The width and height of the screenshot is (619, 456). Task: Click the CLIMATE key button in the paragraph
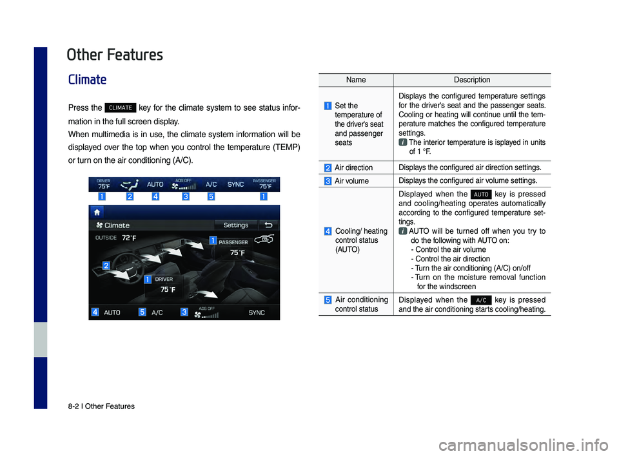121,108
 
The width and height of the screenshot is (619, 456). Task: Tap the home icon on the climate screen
97,213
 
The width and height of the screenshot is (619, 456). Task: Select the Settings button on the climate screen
236,225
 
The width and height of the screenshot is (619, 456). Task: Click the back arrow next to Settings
268,225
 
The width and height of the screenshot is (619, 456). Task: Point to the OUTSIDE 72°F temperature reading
115,238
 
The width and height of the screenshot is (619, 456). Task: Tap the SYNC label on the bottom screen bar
257,312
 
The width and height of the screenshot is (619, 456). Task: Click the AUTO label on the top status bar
155,184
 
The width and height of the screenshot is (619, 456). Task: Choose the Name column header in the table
356,80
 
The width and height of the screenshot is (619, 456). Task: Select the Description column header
472,80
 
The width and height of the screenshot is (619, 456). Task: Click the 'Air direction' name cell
354,167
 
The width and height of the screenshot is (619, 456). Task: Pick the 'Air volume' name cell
352,181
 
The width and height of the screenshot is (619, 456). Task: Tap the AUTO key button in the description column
481,194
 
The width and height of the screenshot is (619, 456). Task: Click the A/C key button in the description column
481,300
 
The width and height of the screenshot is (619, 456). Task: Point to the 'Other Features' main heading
115,55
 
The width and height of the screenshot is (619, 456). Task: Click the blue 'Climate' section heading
87,79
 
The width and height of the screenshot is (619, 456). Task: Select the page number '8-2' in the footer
73,406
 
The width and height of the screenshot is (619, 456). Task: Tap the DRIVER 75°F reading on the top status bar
104,184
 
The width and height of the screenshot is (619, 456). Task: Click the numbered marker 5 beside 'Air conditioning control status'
328,299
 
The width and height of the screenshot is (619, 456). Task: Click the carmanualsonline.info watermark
524,445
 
